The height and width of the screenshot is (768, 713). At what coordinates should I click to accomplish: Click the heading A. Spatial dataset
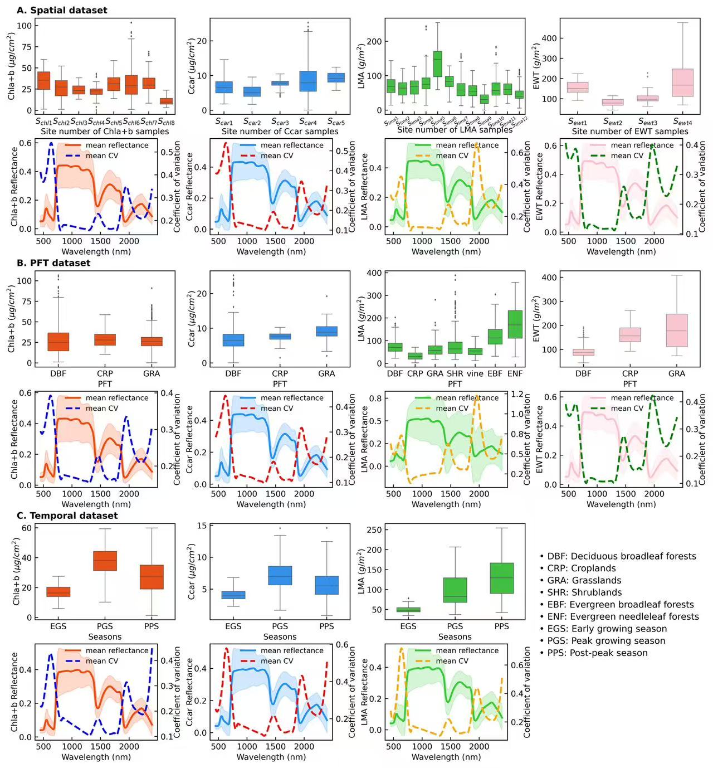pyautogui.click(x=62, y=10)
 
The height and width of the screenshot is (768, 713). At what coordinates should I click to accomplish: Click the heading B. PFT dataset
pyautogui.click(x=53, y=263)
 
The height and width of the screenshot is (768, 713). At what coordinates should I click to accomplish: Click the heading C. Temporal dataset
pyautogui.click(x=67, y=516)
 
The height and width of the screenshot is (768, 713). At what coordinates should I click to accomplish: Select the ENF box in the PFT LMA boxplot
pyautogui.click(x=515, y=324)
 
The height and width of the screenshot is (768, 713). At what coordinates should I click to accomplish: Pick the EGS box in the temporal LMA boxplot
pyautogui.click(x=408, y=610)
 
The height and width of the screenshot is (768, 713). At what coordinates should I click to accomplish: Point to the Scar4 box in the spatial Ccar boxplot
pyautogui.click(x=308, y=81)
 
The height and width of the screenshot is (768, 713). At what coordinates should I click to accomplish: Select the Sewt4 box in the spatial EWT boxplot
pyautogui.click(x=682, y=82)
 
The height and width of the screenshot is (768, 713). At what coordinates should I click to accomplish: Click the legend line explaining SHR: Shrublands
pyautogui.click(x=580, y=592)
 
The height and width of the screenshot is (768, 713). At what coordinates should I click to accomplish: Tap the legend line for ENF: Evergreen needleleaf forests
pyautogui.click(x=619, y=616)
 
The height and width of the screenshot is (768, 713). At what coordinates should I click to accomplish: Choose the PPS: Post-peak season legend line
pyautogui.click(x=593, y=653)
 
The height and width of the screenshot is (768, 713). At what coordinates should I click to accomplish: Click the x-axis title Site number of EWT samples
pyautogui.click(x=630, y=132)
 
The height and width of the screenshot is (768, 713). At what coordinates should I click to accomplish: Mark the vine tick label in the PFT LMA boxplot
pyautogui.click(x=475, y=373)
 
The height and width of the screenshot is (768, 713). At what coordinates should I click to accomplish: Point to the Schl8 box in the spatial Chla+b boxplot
pyautogui.click(x=166, y=101)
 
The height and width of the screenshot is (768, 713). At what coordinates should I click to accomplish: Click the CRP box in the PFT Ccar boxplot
pyautogui.click(x=280, y=336)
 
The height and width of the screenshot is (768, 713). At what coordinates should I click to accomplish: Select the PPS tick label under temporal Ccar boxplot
pyautogui.click(x=326, y=626)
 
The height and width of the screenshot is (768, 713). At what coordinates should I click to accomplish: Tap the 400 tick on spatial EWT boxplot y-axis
pyautogui.click(x=548, y=38)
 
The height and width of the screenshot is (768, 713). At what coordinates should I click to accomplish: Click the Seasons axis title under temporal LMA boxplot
pyautogui.click(x=455, y=636)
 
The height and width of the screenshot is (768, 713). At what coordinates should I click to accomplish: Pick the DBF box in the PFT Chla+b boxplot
pyautogui.click(x=58, y=342)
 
